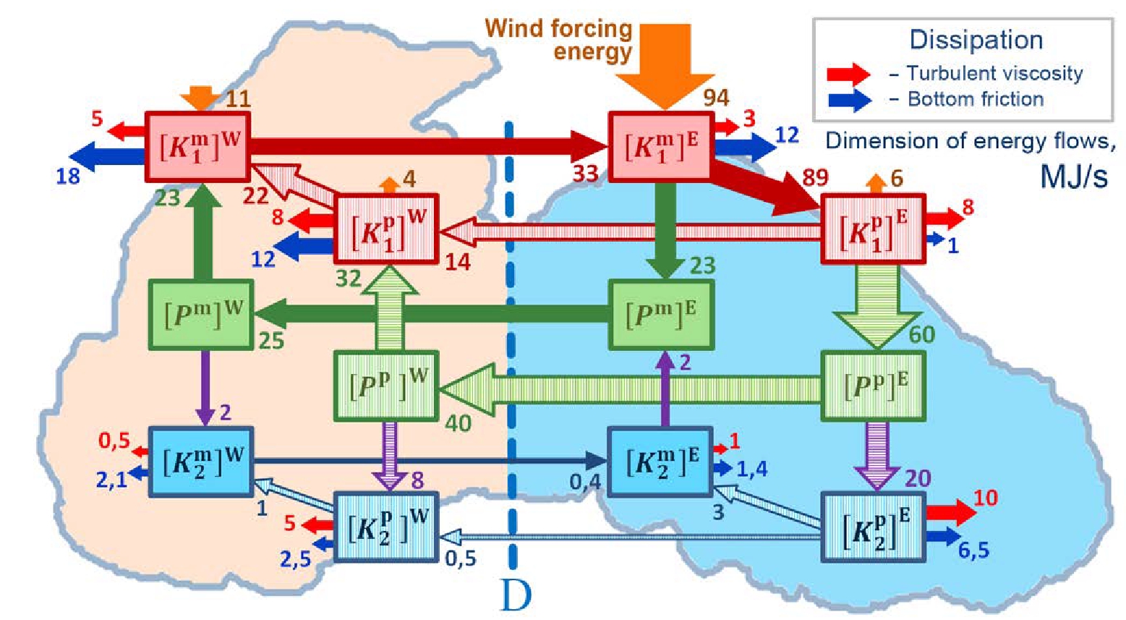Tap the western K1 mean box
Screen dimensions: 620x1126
point(198,147)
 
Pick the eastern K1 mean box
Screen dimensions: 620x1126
point(661,146)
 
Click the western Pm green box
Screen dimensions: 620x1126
point(201,315)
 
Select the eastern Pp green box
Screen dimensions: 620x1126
point(874,386)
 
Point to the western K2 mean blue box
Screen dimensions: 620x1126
point(200,462)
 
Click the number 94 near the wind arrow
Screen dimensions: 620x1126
point(716,98)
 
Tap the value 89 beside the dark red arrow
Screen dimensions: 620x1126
point(815,177)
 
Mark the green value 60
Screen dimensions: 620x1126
point(921,334)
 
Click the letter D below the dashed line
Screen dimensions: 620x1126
point(516,595)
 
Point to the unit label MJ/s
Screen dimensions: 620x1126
point(1073,176)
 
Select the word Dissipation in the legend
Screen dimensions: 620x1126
point(976,40)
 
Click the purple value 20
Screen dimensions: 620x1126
point(917,478)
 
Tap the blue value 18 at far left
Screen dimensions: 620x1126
point(68,176)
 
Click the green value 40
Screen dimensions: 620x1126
point(458,422)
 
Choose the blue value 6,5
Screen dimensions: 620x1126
point(973,551)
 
